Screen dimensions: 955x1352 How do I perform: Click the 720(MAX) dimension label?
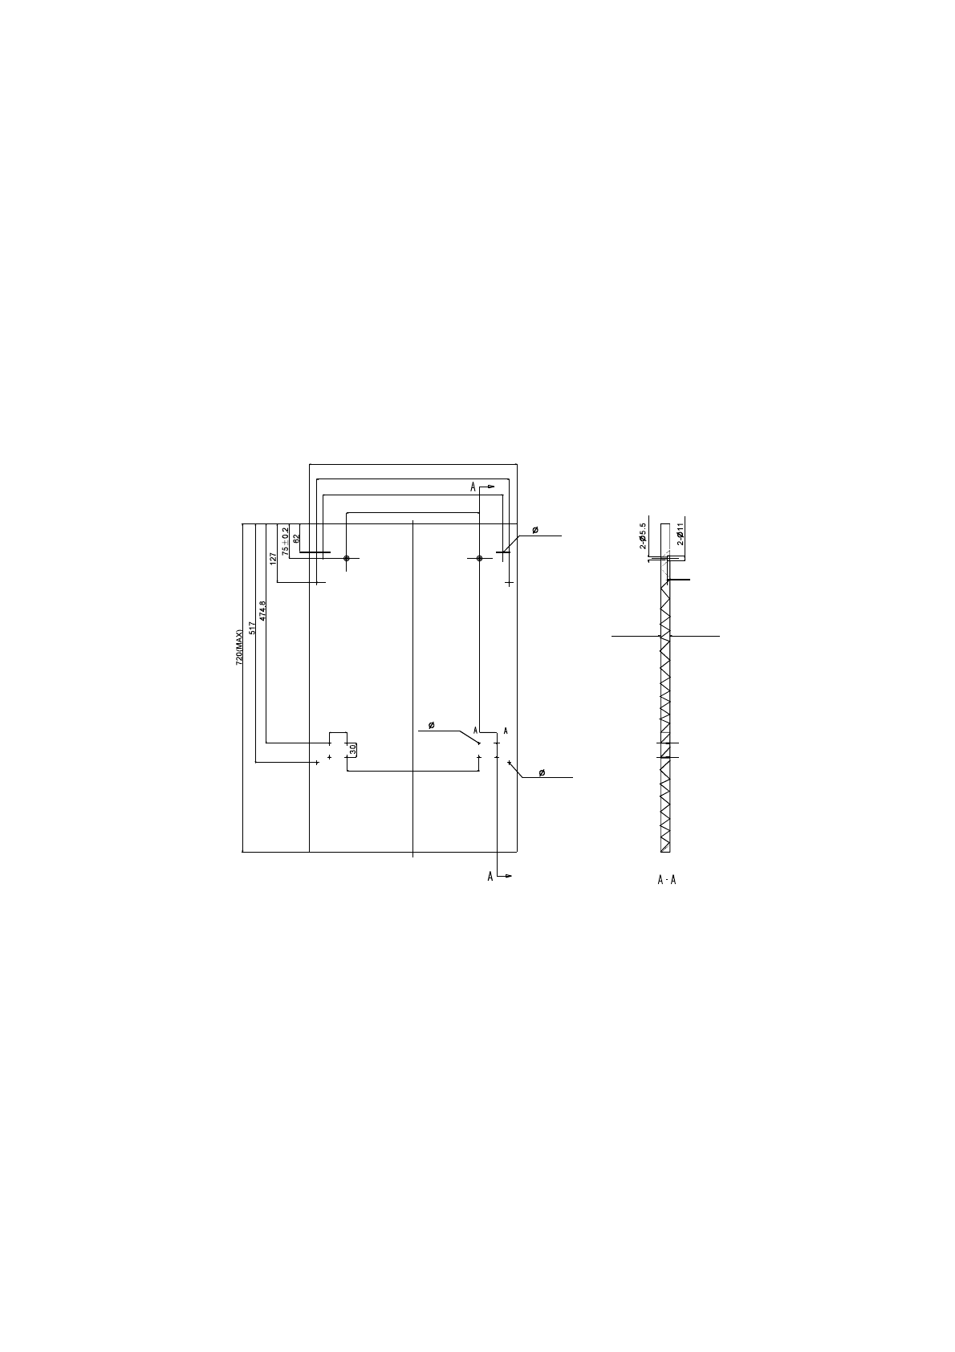239,647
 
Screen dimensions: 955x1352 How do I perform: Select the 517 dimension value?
252,628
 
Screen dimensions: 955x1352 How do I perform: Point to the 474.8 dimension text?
262,611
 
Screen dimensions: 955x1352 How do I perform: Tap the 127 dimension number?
273,558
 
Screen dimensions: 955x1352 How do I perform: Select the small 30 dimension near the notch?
353,749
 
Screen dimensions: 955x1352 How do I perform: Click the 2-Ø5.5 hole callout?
643,536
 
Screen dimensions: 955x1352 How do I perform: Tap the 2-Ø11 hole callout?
680,534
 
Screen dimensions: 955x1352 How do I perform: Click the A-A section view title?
667,880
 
